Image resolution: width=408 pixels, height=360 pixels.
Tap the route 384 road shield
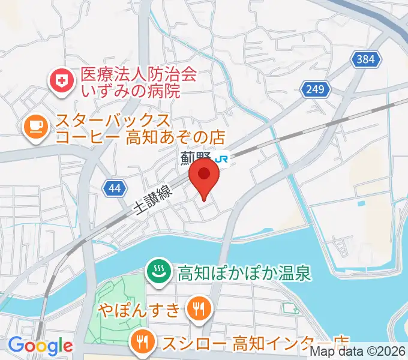pyautogui.click(x=365, y=59)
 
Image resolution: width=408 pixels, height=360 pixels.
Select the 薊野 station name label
pyautogui.click(x=196, y=159)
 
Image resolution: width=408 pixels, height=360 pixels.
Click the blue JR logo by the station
pyautogui.click(x=223, y=159)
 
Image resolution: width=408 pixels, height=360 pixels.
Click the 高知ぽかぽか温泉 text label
pyautogui.click(x=244, y=274)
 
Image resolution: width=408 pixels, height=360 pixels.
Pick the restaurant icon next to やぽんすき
pyautogui.click(x=197, y=310)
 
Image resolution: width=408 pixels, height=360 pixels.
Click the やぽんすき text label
pyautogui.click(x=140, y=310)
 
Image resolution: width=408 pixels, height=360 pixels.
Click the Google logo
pyautogui.click(x=40, y=346)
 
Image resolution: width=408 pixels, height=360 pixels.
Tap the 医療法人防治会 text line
pyautogui.click(x=139, y=74)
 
